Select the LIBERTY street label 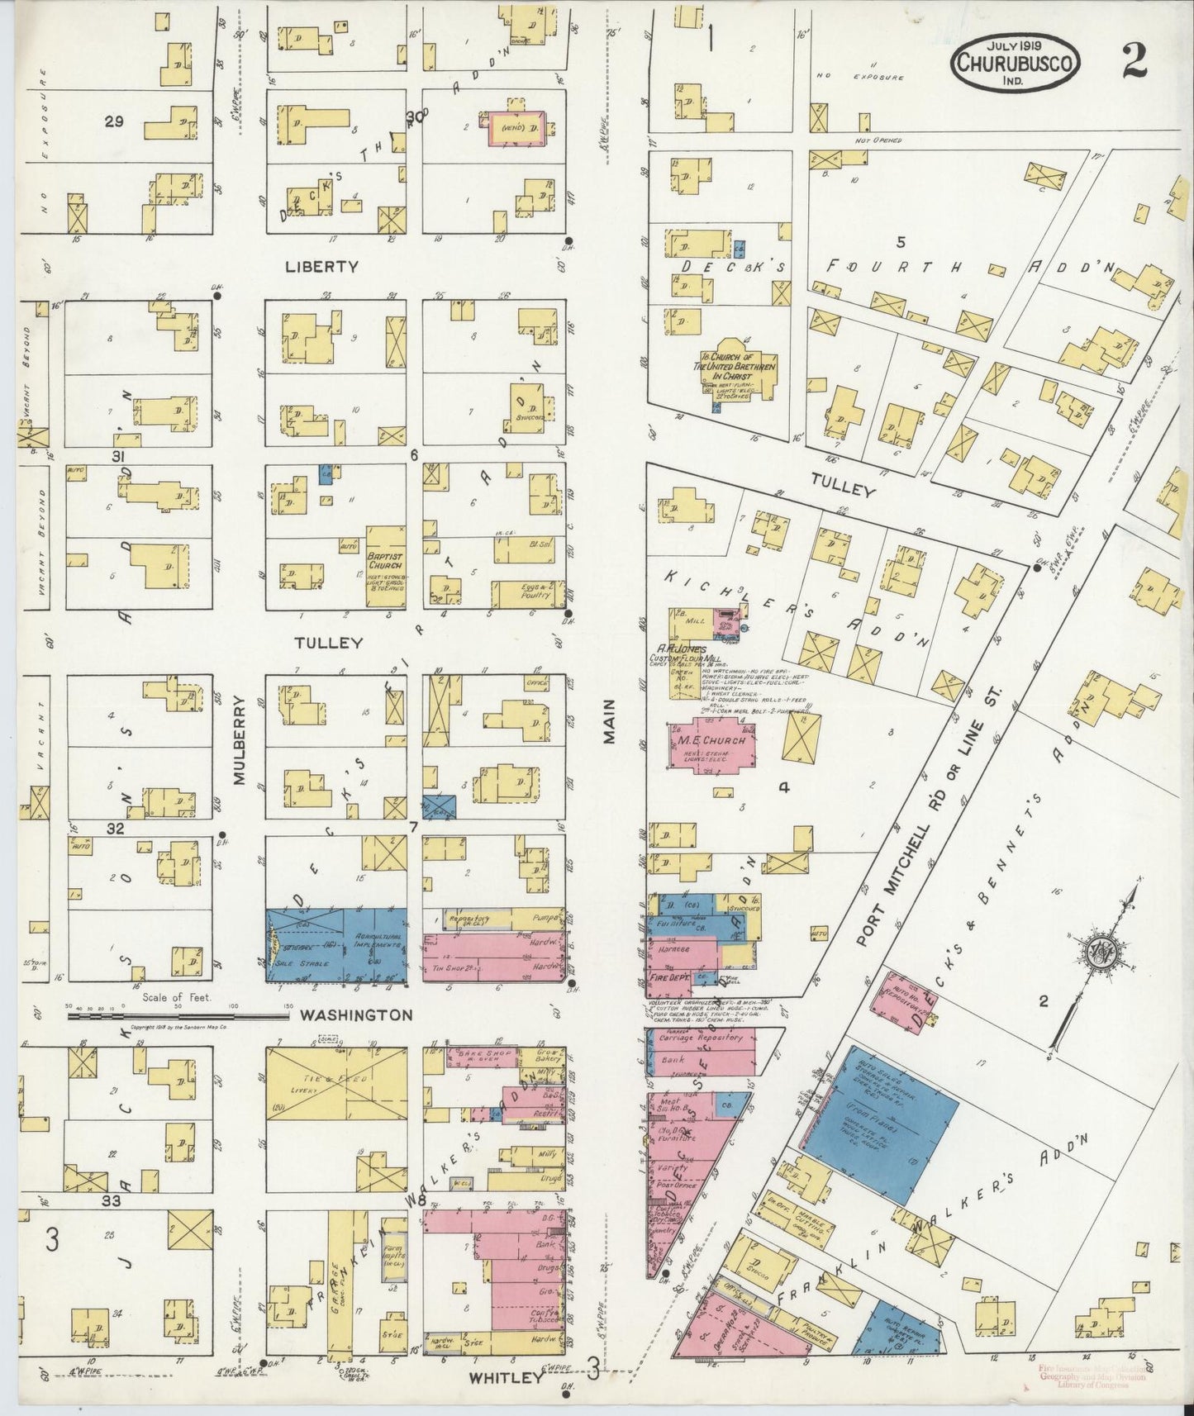(321, 267)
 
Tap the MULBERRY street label (240, 739)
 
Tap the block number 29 (114, 121)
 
